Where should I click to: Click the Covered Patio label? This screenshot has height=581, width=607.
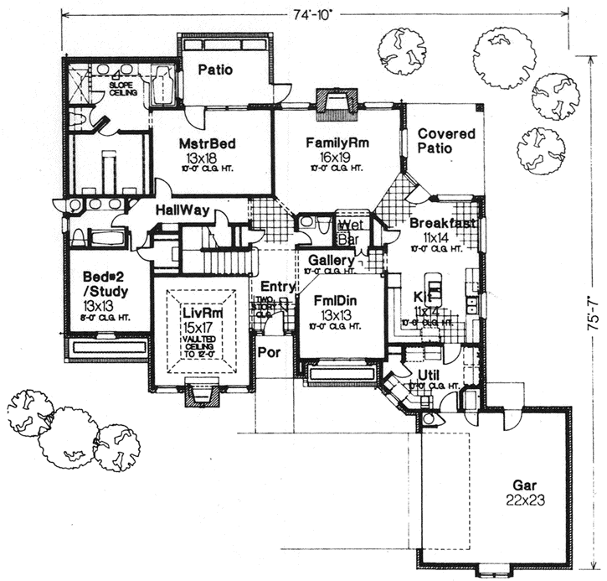[x=445, y=141]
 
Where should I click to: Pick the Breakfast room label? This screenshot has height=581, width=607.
[x=443, y=224]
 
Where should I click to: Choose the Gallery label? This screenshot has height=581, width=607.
[x=330, y=260]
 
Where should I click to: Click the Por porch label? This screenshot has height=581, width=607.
[x=269, y=352]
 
